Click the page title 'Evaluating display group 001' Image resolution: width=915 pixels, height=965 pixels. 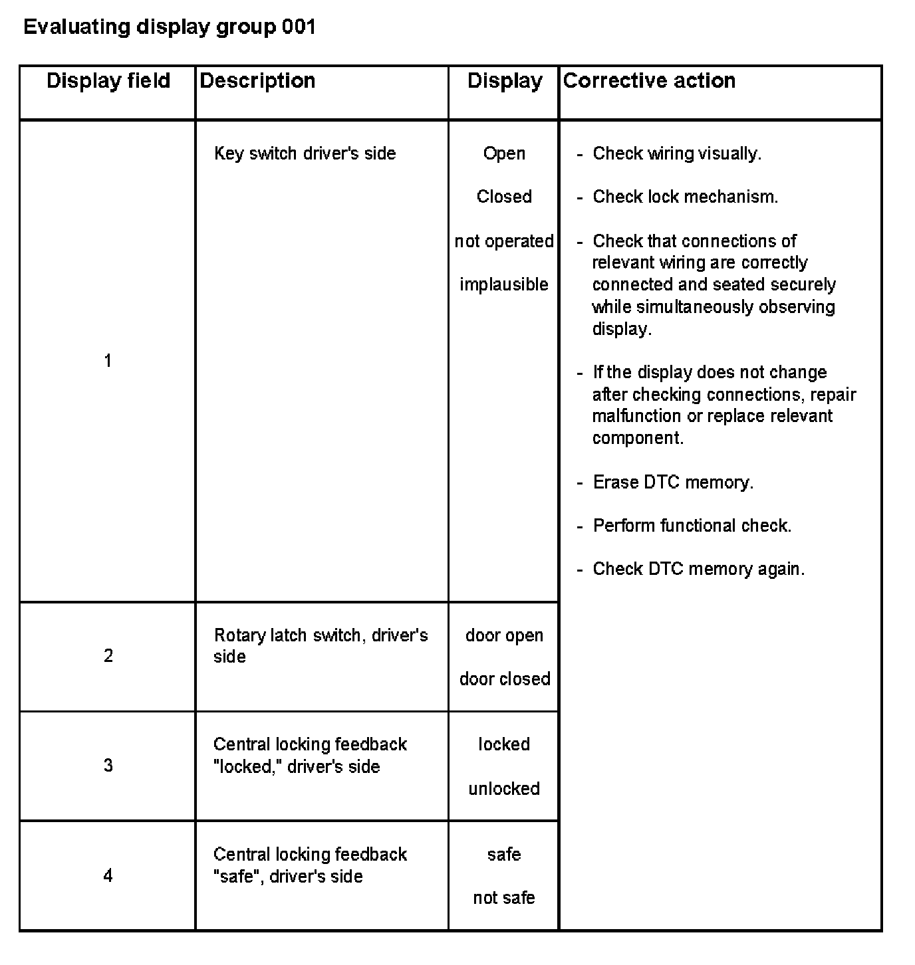coord(169,27)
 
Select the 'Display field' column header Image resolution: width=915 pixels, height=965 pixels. coord(108,81)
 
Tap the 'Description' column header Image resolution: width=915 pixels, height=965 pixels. coord(257,81)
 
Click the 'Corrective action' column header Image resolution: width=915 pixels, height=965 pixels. coord(649,81)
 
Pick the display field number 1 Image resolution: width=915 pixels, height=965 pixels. coord(108,361)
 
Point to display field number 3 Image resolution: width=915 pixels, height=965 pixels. coord(108,766)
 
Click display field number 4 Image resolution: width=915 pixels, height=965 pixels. coord(108,875)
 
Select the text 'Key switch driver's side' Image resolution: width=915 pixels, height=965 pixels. coord(305,154)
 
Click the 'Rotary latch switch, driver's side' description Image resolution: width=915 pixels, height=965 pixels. coord(320,645)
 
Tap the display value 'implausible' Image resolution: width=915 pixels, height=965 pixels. coord(504,284)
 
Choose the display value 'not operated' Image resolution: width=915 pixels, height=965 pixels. coord(504,241)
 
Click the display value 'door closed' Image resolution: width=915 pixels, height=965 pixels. coord(505,679)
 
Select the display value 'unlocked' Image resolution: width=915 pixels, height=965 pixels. coord(504,789)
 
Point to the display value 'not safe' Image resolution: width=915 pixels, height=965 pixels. coord(504,898)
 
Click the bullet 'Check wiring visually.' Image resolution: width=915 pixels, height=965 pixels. coord(676,154)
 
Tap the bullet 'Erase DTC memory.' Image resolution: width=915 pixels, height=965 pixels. coord(673,482)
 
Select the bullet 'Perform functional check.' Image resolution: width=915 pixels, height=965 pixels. coord(692,526)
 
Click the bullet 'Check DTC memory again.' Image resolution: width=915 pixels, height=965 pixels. coord(698,569)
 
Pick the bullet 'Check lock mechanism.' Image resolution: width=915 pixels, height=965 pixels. coord(685,197)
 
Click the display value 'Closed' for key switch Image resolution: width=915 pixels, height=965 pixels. coord(504,197)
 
